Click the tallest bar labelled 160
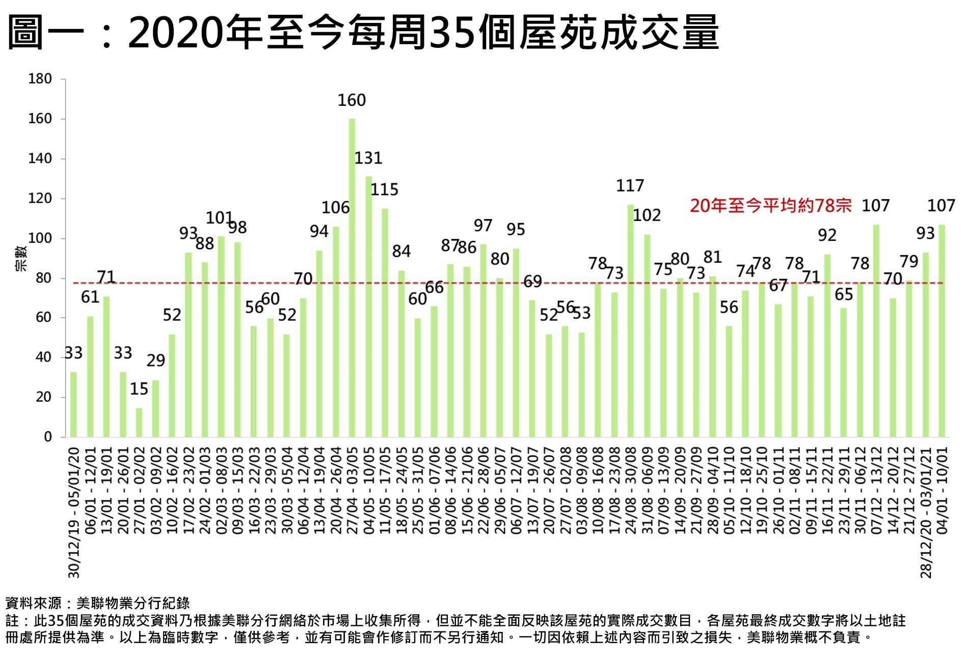pyautogui.click(x=352, y=278)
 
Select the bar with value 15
pyautogui.click(x=139, y=422)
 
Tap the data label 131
pyautogui.click(x=368, y=158)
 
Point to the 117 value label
pyautogui.click(x=630, y=186)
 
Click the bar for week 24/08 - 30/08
pyautogui.click(x=630, y=321)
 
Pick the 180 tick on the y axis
pyautogui.click(x=40, y=79)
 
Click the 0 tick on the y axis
pyautogui.click(x=48, y=437)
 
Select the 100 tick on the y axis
pyautogui.click(x=40, y=238)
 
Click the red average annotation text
pyautogui.click(x=770, y=206)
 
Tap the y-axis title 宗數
pyautogui.click(x=21, y=258)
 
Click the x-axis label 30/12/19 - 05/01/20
pyautogui.click(x=74, y=512)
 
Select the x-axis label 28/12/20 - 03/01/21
pyautogui.click(x=926, y=512)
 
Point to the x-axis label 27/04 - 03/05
pyautogui.click(x=352, y=490)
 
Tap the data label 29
pyautogui.click(x=155, y=361)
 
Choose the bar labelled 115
pyautogui.click(x=385, y=323)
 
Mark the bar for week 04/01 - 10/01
pyautogui.click(x=942, y=331)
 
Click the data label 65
pyautogui.click(x=844, y=294)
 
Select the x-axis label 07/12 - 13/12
pyautogui.click(x=876, y=490)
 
